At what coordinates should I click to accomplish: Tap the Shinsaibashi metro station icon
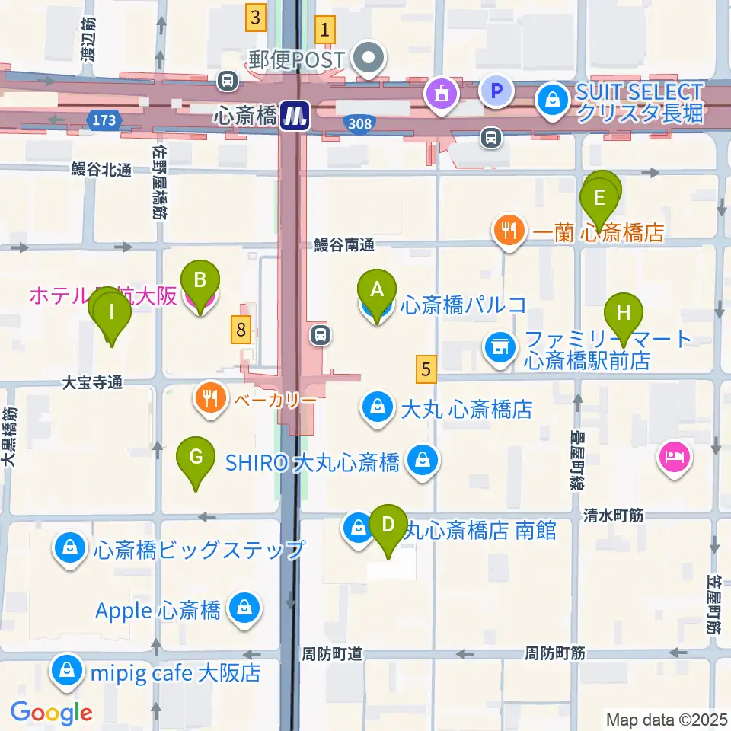pyautogui.click(x=293, y=116)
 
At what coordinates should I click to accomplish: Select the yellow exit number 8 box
pyautogui.click(x=241, y=330)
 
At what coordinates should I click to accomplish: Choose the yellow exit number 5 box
pyautogui.click(x=426, y=369)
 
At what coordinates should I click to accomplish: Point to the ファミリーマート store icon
pyautogui.click(x=500, y=347)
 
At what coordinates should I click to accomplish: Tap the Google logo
pyautogui.click(x=51, y=713)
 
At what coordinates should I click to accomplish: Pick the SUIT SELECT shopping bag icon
pyautogui.click(x=549, y=97)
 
